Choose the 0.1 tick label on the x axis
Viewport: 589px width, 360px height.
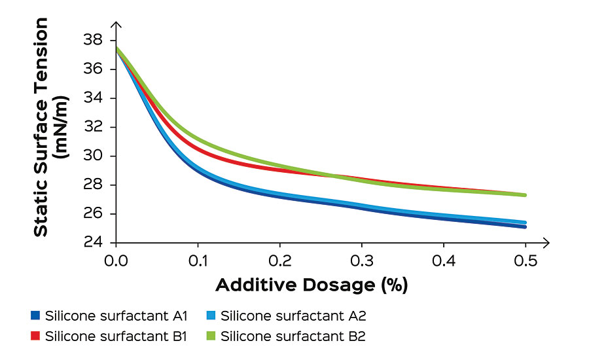(198, 262)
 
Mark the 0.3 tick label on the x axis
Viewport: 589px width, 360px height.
(363, 262)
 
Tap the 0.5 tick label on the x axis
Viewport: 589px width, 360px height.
(526, 262)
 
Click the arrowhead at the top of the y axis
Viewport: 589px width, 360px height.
(116, 26)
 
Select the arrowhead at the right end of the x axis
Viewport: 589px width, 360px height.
(546, 243)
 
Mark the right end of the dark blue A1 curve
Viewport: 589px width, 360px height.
(525, 226)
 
